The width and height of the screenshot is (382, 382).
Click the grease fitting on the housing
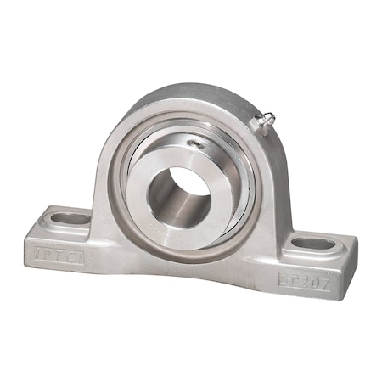pos(265,124)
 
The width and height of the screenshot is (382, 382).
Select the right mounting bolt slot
pos(315,244)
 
